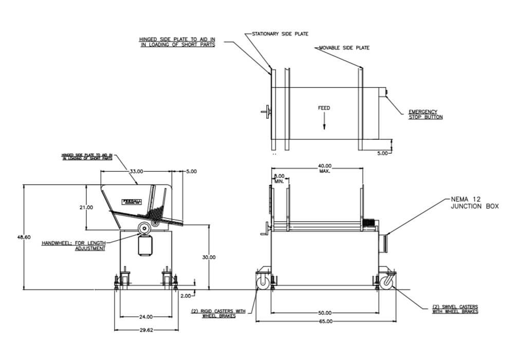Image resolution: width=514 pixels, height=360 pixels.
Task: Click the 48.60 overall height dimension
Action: [x=25, y=237]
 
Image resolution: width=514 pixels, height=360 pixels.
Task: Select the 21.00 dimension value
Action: [x=87, y=207]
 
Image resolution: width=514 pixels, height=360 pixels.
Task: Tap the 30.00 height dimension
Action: [x=209, y=257]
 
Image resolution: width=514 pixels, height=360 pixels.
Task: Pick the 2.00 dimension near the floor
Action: [x=186, y=296]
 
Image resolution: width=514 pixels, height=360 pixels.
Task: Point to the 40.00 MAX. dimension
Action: [x=324, y=168]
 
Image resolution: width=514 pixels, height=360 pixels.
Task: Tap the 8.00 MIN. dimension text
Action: [x=279, y=178]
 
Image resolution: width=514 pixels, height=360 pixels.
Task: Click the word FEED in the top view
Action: [x=324, y=108]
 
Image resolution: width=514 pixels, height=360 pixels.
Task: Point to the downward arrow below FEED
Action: [x=324, y=123]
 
